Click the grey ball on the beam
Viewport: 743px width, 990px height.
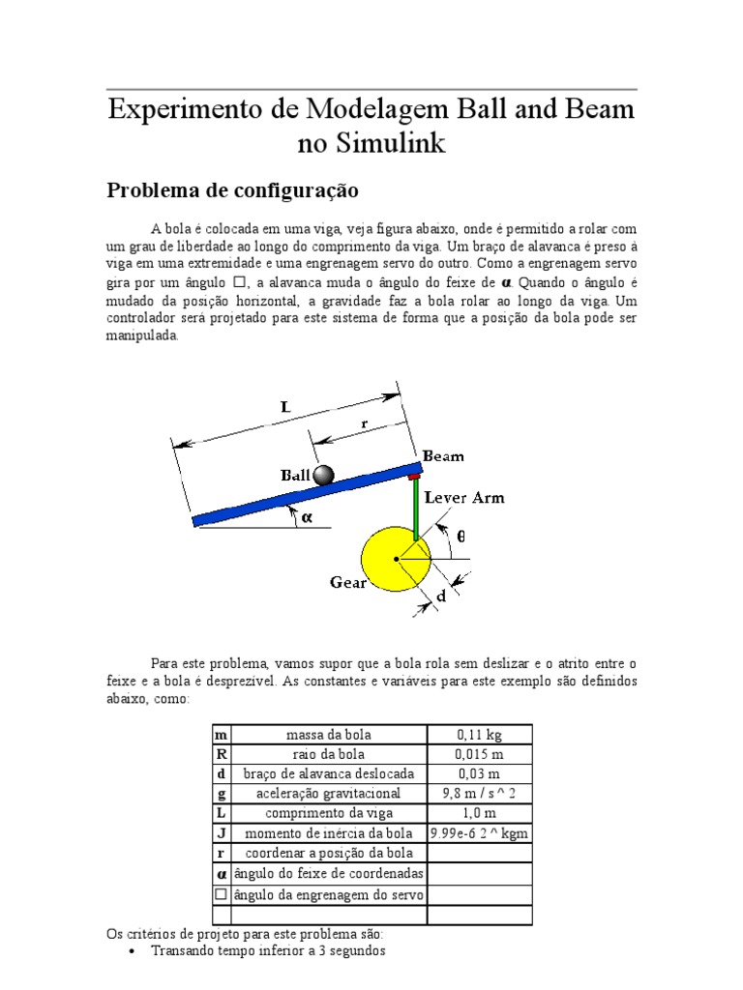(x=322, y=475)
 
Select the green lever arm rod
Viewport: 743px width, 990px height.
(x=415, y=510)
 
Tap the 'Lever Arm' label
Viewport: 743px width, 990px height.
(x=464, y=498)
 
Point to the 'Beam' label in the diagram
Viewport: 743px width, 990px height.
(x=442, y=455)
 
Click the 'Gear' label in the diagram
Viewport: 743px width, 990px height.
(x=348, y=583)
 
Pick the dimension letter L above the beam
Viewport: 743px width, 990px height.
(x=285, y=407)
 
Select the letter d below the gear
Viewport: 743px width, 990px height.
(x=441, y=597)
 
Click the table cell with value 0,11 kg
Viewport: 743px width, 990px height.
(x=479, y=735)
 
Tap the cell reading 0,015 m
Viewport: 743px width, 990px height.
(x=479, y=754)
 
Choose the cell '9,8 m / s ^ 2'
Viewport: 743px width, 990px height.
(x=479, y=793)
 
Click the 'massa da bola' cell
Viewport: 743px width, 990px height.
(x=329, y=735)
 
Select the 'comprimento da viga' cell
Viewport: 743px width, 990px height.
(x=329, y=813)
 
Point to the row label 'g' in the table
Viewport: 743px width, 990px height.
(x=221, y=793)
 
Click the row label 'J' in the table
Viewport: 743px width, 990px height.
(x=221, y=832)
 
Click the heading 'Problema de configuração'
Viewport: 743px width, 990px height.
(x=232, y=189)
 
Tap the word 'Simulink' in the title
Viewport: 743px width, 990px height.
(x=391, y=143)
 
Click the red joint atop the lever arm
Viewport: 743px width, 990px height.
(x=415, y=477)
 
